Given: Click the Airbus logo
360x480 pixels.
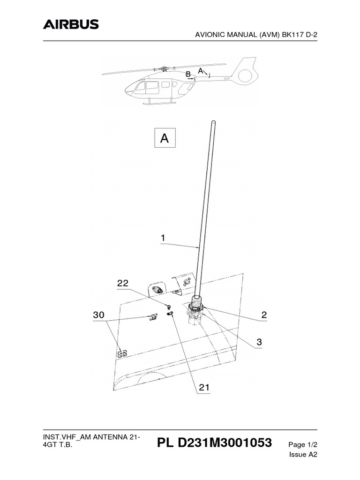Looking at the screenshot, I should [71, 24].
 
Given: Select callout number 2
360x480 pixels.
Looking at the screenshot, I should [264, 315].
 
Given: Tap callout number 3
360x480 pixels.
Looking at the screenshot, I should [259, 343].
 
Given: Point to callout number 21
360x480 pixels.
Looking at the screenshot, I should [204, 388].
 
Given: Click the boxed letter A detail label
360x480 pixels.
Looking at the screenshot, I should [165, 138].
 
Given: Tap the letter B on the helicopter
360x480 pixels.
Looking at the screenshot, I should [187, 74].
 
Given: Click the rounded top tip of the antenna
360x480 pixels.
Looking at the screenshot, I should [213, 123].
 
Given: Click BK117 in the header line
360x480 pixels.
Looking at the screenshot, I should [295, 34].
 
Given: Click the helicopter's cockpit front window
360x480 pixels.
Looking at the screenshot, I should [139, 87].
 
